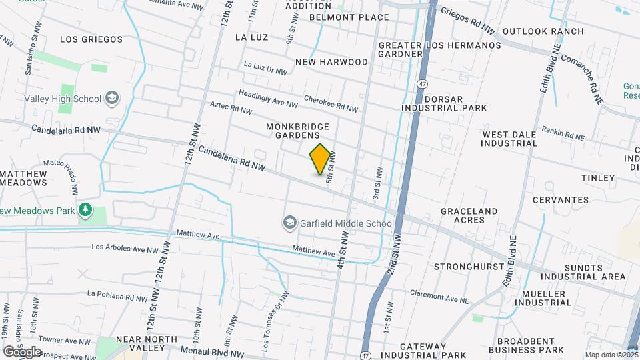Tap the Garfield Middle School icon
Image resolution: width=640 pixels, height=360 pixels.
[289, 222]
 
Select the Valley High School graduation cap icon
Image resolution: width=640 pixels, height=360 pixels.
[111, 99]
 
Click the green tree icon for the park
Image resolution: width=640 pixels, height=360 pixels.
[85, 211]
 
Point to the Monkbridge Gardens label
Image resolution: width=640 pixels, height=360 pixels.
[298, 131]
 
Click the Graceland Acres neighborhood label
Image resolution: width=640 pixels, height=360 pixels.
[469, 215]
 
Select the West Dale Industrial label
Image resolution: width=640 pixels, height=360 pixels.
[509, 139]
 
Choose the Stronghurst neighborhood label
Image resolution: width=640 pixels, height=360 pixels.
[469, 266]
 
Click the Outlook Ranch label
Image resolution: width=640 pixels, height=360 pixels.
[543, 31]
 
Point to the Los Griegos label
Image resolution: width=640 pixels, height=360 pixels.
[91, 39]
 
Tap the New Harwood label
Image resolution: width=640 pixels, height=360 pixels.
[331, 62]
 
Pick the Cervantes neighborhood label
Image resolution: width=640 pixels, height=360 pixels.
[560, 200]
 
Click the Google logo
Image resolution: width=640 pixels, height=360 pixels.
[21, 351]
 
